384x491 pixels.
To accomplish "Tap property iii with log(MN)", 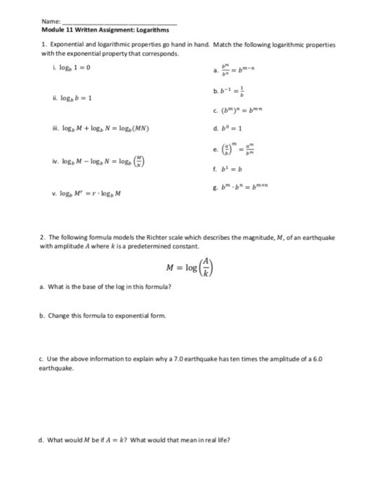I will tap(112, 129).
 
